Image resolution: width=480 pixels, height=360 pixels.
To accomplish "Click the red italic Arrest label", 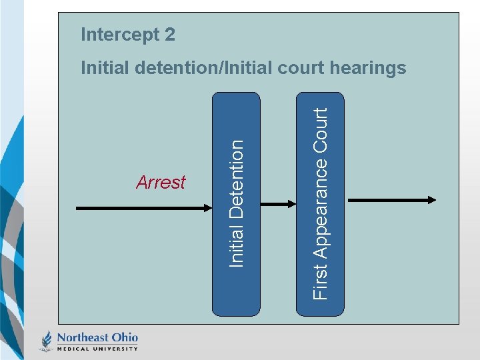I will click(x=161, y=183).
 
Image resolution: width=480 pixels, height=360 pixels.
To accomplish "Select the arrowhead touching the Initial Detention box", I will click(x=206, y=209).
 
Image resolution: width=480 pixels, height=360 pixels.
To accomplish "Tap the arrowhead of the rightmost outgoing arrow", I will click(x=432, y=199).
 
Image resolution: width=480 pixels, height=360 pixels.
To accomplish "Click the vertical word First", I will click(x=320, y=281).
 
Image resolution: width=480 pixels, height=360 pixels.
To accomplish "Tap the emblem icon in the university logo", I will click(x=47, y=340).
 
